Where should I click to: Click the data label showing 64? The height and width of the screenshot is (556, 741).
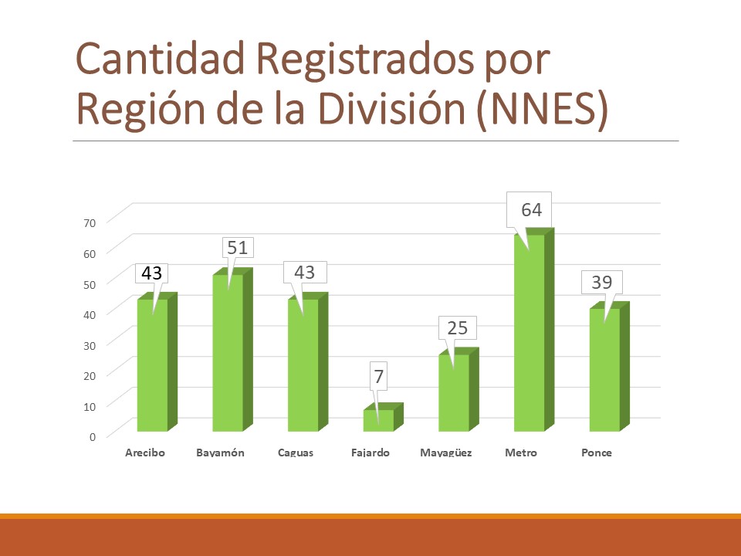point(531,210)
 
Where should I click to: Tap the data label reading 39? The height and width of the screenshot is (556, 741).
point(601,283)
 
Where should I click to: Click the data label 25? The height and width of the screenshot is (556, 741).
point(457,328)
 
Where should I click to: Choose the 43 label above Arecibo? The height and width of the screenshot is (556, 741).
point(152,273)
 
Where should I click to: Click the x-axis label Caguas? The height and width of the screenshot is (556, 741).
point(296,453)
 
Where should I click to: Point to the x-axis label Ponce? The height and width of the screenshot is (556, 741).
point(597,453)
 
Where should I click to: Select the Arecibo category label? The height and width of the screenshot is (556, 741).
point(145,453)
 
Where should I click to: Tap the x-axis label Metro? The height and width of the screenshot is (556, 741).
point(520,453)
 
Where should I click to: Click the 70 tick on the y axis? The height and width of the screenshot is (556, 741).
point(90,222)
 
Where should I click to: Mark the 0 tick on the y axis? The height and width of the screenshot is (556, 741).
point(93,436)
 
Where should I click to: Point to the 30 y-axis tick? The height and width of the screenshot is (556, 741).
point(90,344)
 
